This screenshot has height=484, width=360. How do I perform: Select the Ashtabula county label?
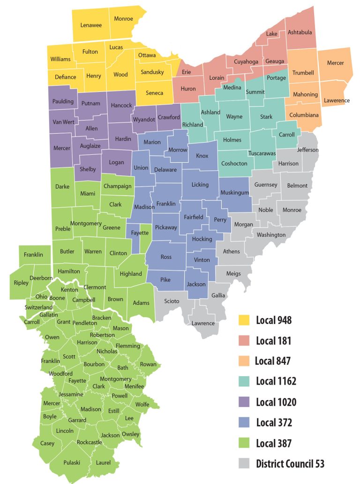click(300, 32)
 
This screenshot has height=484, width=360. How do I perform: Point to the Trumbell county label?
click(303, 73)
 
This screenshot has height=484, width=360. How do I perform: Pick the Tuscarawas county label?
click(262, 153)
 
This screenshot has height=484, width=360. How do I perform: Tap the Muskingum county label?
click(234, 192)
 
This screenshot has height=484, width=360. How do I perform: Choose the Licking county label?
click(200, 185)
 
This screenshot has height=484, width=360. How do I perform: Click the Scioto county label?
click(172, 301)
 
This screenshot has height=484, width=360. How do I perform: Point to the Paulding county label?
click(63, 101)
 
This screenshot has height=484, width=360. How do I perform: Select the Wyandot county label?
click(144, 120)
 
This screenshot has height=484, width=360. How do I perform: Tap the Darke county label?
click(62, 186)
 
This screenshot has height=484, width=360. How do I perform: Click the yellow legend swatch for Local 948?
click(244, 320)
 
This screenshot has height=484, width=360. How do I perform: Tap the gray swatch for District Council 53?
click(244, 464)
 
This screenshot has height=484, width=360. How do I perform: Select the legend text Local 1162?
click(276, 381)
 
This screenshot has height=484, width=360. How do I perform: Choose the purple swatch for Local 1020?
click(244, 402)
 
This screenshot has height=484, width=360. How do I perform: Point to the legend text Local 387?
click(274, 443)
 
